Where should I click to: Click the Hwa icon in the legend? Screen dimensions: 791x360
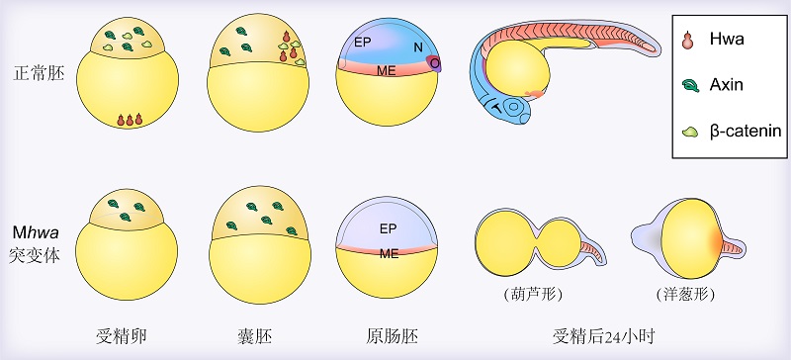tap(687, 41)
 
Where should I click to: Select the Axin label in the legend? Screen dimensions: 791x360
tap(727, 84)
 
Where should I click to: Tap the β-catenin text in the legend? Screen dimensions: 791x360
tap(746, 131)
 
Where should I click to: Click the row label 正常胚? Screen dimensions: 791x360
tap(40, 74)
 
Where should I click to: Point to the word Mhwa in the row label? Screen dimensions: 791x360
tap(37, 232)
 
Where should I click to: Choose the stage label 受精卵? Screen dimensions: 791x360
tap(122, 335)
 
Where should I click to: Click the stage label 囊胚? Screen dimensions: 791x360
tap(255, 335)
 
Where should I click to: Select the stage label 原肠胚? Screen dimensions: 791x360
tap(393, 335)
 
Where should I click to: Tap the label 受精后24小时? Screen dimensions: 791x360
tap(604, 335)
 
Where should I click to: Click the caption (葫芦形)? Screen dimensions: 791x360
tap(533, 294)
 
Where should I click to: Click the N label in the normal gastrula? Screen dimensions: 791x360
tap(418, 47)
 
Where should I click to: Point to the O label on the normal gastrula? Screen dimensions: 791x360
tap(434, 62)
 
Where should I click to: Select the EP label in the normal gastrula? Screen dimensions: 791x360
tap(362, 43)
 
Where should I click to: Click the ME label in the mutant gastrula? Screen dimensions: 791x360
tap(389, 253)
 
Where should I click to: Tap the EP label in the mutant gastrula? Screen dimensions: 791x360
tap(388, 229)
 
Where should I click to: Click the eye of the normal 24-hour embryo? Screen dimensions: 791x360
tap(515, 108)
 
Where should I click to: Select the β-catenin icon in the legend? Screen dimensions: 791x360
tap(689, 133)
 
